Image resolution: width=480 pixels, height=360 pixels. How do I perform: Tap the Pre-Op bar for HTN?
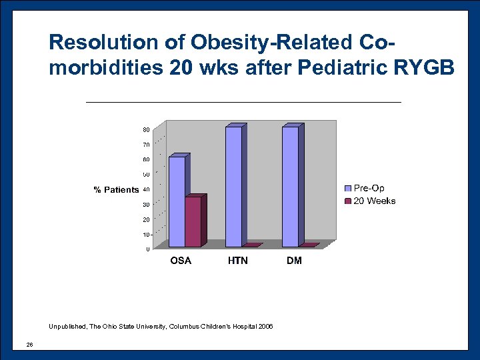pos(233,187)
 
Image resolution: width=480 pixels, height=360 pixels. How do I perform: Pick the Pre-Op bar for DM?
pos(290,187)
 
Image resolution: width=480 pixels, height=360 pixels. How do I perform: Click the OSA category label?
pos(181,261)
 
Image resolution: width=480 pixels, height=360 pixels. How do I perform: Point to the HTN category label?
pos(237,261)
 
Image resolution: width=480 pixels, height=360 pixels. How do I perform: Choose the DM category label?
pos(294,261)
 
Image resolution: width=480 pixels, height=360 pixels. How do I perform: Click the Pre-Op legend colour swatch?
pos(347,189)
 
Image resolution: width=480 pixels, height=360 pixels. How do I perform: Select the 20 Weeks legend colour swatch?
pos(347,201)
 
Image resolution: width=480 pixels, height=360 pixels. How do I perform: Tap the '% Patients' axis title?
pos(116,190)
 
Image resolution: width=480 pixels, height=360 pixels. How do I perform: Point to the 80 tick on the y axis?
pos(145,129)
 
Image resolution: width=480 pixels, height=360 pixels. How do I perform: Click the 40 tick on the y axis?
pos(145,189)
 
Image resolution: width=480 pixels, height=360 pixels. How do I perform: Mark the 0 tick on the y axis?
pos(147,249)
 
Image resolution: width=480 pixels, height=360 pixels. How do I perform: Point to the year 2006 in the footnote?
pos(265,327)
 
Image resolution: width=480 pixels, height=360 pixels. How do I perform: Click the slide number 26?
pos(29,344)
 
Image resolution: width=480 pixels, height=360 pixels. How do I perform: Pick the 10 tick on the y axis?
pos(145,235)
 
